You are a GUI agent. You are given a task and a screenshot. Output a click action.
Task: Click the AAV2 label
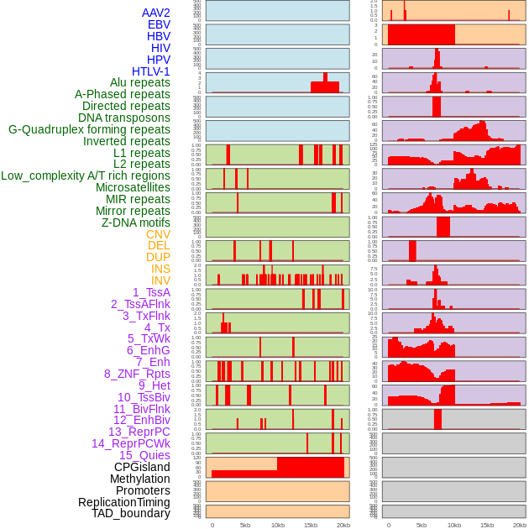point(155,13)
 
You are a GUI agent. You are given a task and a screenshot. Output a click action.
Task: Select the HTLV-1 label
point(150,71)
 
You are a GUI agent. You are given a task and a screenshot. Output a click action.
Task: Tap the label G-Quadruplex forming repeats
point(89,129)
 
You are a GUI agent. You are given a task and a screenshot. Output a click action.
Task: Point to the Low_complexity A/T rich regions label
point(86,175)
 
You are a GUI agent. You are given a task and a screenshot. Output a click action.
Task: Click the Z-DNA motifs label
point(135,223)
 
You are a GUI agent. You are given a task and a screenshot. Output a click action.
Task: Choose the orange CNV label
point(158,234)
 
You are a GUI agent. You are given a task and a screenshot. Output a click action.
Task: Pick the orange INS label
point(160,269)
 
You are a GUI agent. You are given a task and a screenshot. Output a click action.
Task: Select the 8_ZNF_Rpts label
point(137,374)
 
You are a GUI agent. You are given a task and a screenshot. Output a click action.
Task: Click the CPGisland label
point(142,467)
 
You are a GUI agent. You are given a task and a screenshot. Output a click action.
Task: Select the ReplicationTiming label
point(123,502)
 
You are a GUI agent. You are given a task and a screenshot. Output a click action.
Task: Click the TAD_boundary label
point(130,513)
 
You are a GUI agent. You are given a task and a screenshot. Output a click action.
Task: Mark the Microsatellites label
point(133,187)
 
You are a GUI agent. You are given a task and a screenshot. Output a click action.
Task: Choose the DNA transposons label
point(124,118)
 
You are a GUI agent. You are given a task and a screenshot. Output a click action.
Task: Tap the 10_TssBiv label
point(144,397)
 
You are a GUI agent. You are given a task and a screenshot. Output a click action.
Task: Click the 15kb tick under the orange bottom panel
point(311,525)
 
